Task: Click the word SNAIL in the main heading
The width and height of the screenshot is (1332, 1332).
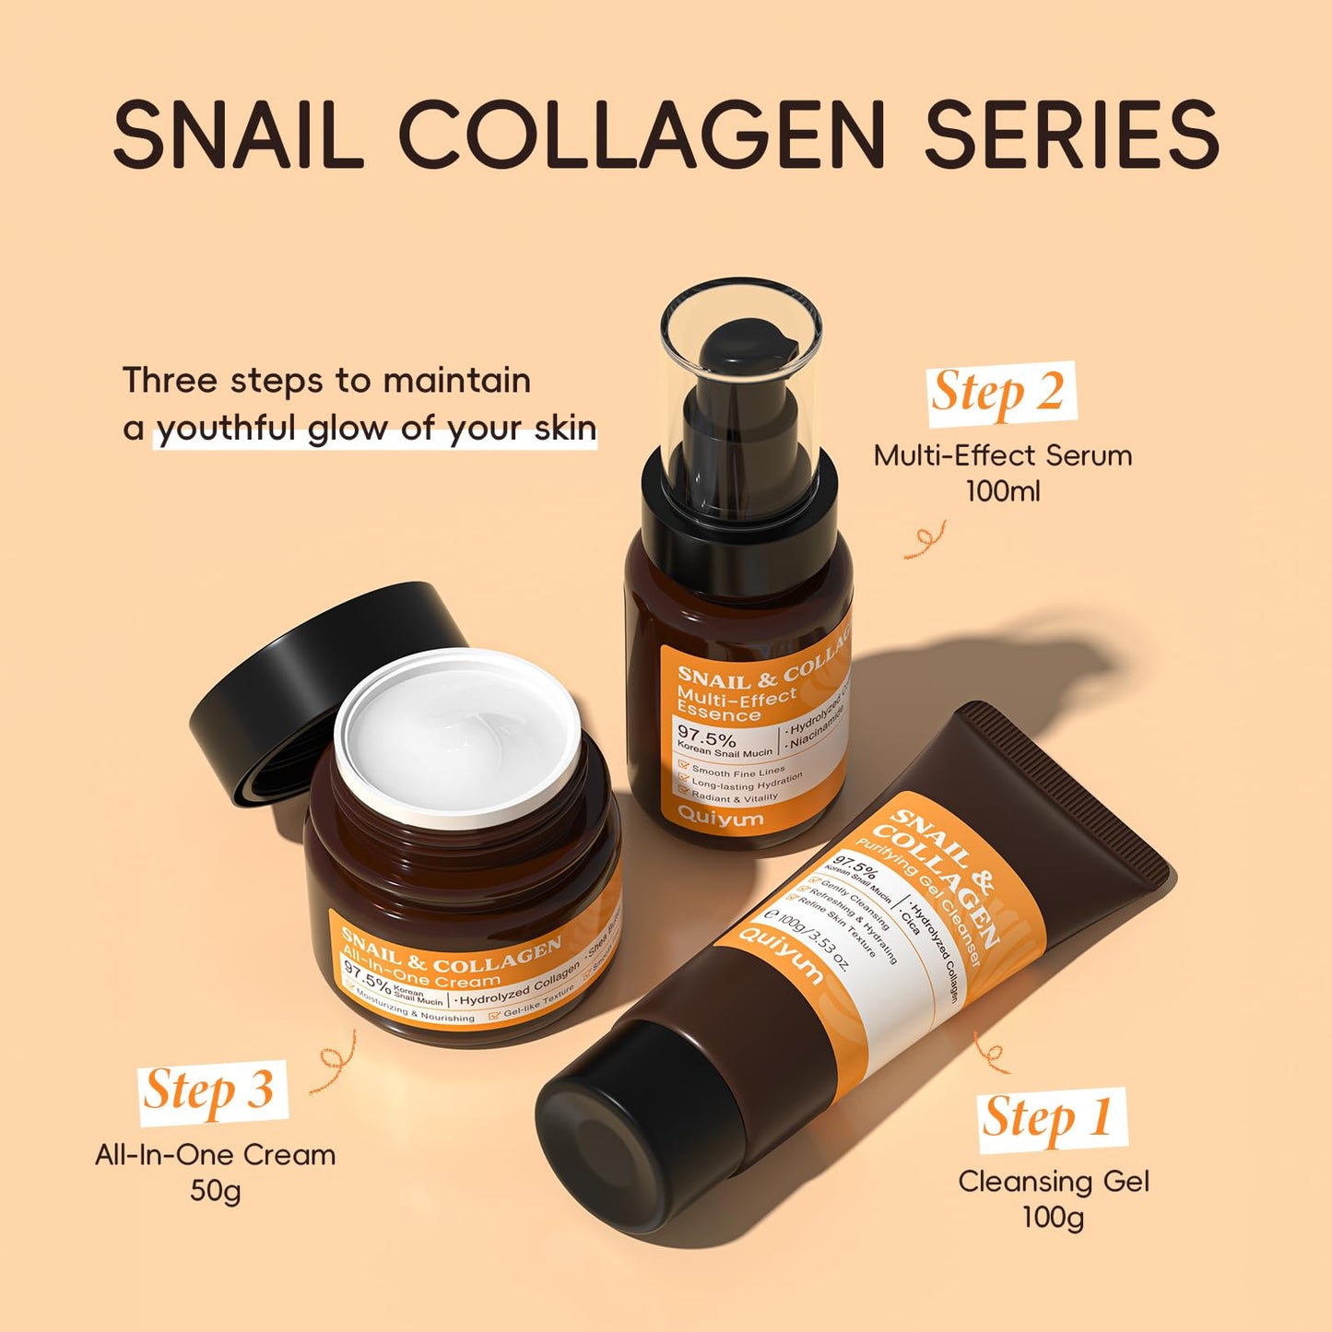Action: [x=238, y=135]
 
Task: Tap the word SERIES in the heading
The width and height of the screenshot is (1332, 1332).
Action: [x=1071, y=135]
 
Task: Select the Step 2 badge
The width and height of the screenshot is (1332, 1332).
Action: [x=1000, y=394]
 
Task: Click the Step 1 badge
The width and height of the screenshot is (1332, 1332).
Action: [x=1050, y=1119]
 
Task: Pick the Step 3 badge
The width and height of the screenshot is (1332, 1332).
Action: [x=211, y=1091]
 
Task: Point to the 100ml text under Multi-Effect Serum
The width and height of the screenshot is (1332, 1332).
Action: [x=1003, y=491]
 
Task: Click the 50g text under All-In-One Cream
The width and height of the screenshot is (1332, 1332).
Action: [x=215, y=1191]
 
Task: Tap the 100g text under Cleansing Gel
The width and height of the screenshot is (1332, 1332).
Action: [x=1053, y=1218]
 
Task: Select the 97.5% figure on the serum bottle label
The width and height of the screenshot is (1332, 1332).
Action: [x=706, y=738]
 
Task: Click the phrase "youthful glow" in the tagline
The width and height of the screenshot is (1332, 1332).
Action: [x=295, y=430]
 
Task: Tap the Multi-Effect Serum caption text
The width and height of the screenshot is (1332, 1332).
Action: [x=1003, y=455]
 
